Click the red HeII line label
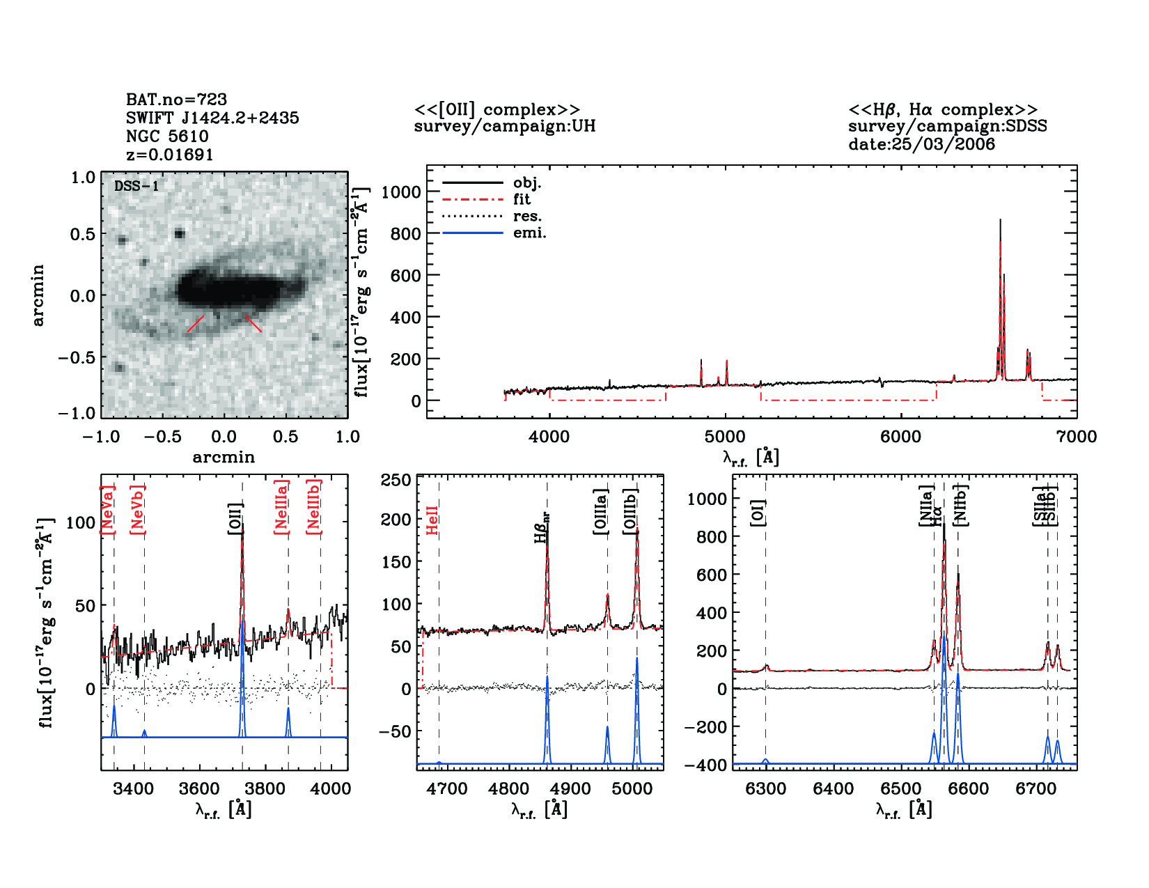coord(432,520)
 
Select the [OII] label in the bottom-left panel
coord(235,519)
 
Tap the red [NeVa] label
coord(107,511)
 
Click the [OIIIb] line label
coord(631,512)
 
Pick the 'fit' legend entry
coord(522,199)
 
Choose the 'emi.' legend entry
coord(529,233)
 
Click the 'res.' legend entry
coord(527,216)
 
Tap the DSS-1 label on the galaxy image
coord(136,186)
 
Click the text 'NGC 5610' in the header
coord(167,137)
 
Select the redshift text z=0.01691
coord(170,155)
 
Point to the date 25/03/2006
coord(921,144)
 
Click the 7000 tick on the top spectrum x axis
coord(1077,437)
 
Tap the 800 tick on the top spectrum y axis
coord(405,233)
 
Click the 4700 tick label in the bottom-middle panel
coord(447,789)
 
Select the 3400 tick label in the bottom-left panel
coord(134,789)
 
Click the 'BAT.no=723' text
coord(176,100)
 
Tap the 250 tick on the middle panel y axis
coord(396,480)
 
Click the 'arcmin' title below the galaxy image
coord(224,458)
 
